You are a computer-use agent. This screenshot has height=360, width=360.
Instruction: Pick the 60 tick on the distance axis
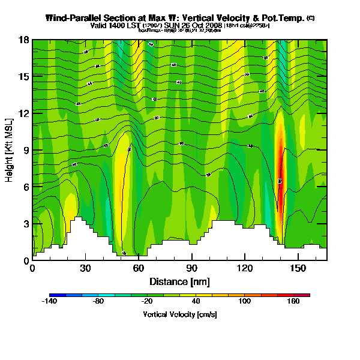coord(139,268)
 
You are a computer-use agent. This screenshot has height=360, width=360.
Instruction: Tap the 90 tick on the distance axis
coord(192,268)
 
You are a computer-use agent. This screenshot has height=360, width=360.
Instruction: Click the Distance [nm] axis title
coord(179,281)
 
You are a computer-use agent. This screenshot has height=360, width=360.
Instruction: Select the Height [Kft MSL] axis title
coord(10,150)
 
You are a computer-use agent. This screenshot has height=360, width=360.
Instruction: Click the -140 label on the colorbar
coord(49,302)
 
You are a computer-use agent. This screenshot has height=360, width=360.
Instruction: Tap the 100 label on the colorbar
coord(244,302)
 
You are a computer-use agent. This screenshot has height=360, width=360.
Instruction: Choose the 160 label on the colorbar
coord(293,302)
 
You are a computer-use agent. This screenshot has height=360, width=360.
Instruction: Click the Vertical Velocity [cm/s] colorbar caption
coord(179,314)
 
